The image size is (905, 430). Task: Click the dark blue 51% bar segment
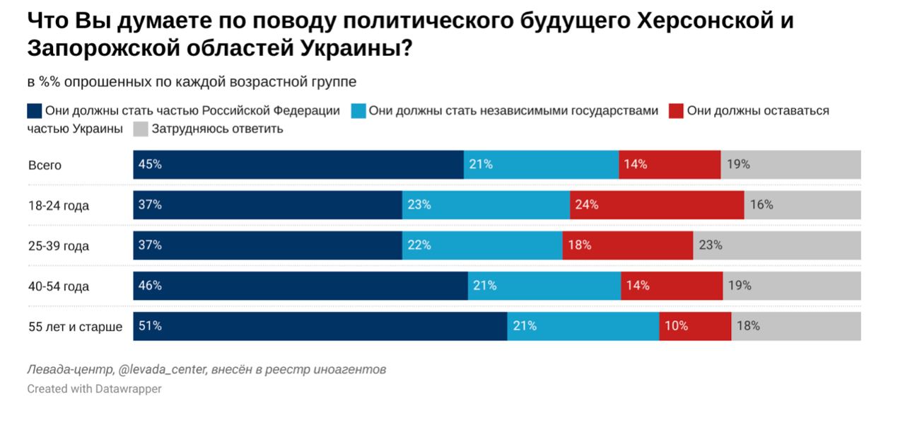pyautogui.click(x=320, y=326)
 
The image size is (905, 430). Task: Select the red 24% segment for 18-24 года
pyautogui.click(x=657, y=205)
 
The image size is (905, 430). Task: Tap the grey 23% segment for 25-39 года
pyautogui.click(x=776, y=245)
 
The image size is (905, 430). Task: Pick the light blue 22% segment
pyautogui.click(x=482, y=245)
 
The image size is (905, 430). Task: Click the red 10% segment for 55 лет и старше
pyautogui.click(x=695, y=326)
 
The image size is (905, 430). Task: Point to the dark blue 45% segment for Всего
pyautogui.click(x=298, y=165)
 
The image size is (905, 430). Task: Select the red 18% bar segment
pyautogui.click(x=627, y=245)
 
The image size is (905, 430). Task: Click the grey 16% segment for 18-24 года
pyautogui.click(x=802, y=205)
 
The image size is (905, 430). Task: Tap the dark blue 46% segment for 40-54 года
pyautogui.click(x=300, y=286)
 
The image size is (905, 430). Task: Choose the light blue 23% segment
pyautogui.click(x=486, y=205)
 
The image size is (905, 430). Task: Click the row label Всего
pyautogui.click(x=45, y=165)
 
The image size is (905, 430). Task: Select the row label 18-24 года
pyautogui.click(x=59, y=206)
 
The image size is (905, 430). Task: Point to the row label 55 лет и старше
pyautogui.click(x=75, y=327)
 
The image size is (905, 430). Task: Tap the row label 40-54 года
pyautogui.click(x=59, y=286)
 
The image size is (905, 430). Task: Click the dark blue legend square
pyautogui.click(x=35, y=111)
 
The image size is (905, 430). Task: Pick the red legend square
pyautogui.click(x=676, y=111)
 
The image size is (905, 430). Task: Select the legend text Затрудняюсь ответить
pyautogui.click(x=217, y=129)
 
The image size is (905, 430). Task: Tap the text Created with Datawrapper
pyautogui.click(x=94, y=389)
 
